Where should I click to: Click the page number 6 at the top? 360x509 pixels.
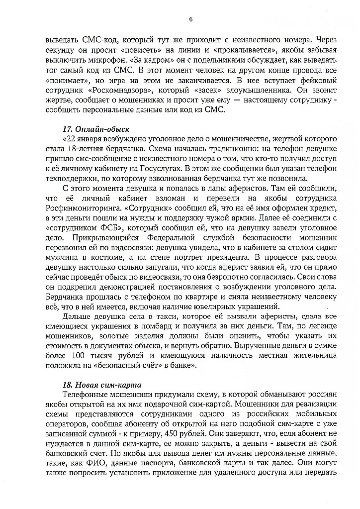tap(190, 19)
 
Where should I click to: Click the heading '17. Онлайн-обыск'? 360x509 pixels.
tap(91, 128)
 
